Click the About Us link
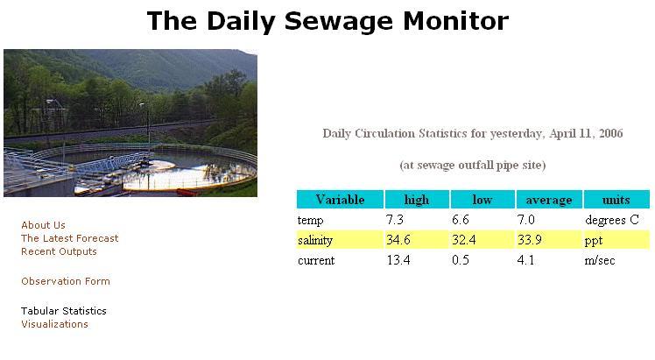click(44, 225)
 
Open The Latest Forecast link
click(70, 238)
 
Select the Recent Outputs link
click(59, 251)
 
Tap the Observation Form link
click(66, 281)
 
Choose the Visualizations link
click(54, 324)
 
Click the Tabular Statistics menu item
click(64, 311)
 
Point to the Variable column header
click(340, 200)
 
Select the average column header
click(549, 200)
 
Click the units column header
click(616, 200)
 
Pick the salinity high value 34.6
click(398, 240)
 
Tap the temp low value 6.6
click(461, 220)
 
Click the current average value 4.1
click(525, 260)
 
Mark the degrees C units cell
click(612, 220)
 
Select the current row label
click(316, 261)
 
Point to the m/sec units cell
click(600, 261)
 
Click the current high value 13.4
click(398, 260)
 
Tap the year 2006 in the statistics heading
click(610, 134)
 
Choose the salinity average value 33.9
click(530, 240)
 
